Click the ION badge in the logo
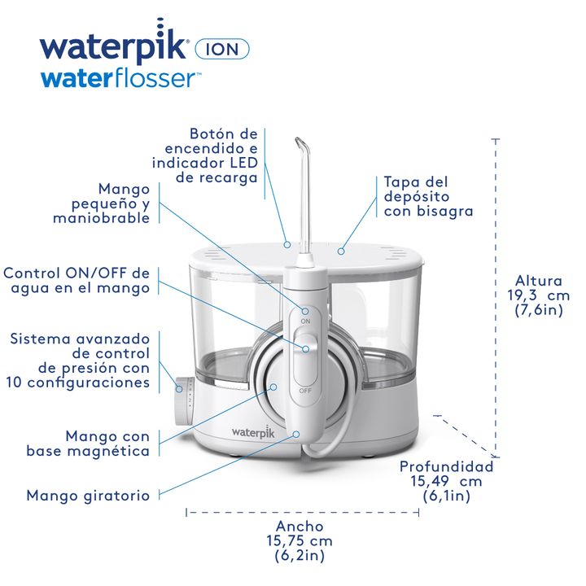[x=222, y=47]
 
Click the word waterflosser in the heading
[x=120, y=78]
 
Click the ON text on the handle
[x=306, y=321]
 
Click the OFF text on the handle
[x=305, y=391]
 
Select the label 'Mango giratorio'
[x=88, y=495]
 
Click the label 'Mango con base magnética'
[x=88, y=443]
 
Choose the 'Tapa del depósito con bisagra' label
[x=428, y=196]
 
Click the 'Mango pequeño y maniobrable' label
[x=102, y=203]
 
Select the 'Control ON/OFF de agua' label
[x=77, y=280]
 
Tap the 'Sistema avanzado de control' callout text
[x=80, y=360]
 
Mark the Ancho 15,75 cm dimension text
[x=299, y=540]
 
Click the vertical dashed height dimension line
[x=496, y=293]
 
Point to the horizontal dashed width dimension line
[x=297, y=512]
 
